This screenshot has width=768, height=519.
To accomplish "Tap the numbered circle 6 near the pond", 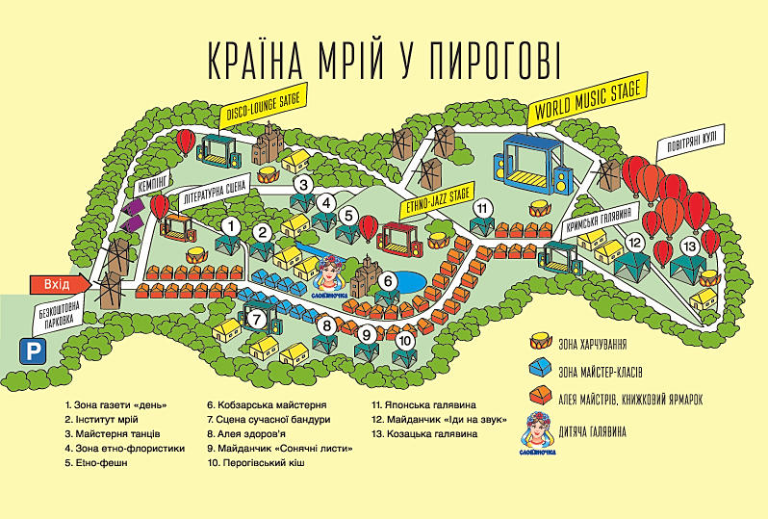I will click(388, 281).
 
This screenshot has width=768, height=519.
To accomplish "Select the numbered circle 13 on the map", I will click(689, 247).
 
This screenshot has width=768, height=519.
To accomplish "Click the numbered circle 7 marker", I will click(257, 319).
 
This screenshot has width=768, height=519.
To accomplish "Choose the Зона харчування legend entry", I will click(600, 343).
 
